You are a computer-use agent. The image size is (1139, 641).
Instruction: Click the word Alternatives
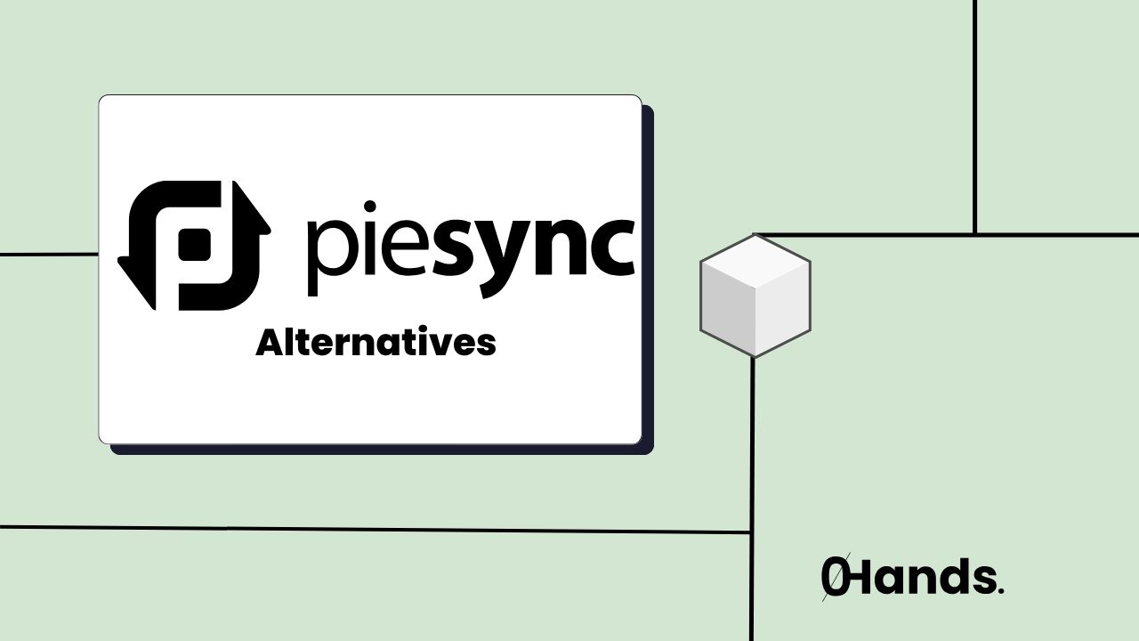[x=376, y=343]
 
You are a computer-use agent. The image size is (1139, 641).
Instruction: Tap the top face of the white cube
[x=755, y=263]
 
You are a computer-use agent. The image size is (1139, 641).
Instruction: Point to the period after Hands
[x=1001, y=590]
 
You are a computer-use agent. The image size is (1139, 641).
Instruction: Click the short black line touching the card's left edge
[x=49, y=254]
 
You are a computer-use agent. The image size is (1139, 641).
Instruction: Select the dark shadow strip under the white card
[x=383, y=450]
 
